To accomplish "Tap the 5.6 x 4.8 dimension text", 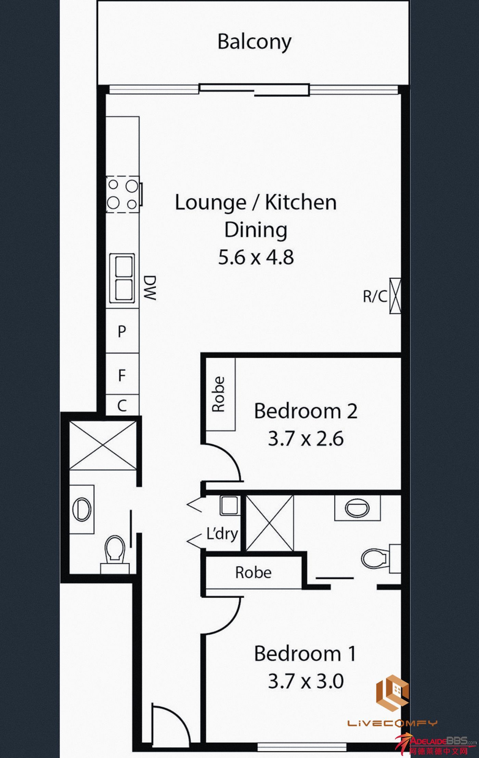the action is click(256, 257).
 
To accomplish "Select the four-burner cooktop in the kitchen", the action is click(122, 194).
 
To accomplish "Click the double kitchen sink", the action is click(121, 278).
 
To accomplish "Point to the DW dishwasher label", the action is click(150, 288).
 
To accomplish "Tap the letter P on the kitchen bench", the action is click(122, 331).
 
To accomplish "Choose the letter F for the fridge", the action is click(122, 375).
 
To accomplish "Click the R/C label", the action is click(375, 296).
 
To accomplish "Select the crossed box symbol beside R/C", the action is click(395, 296).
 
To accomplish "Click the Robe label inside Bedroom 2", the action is click(218, 394).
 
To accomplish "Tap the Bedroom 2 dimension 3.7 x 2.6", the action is click(306, 439).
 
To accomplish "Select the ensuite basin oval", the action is click(357, 509).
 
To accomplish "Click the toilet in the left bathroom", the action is click(115, 554).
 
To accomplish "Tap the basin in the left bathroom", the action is click(82, 509).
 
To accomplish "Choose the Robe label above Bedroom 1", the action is click(254, 572).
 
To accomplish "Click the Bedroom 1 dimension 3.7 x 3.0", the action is click(306, 681).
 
